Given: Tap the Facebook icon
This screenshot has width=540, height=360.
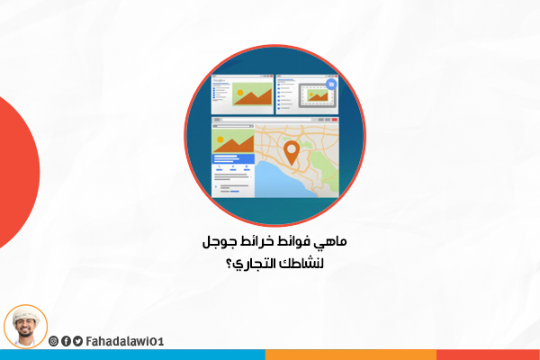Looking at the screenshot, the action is (x=66, y=341).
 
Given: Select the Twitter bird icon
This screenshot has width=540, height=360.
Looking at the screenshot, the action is (x=77, y=341).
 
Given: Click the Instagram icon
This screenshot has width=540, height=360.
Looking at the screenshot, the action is (x=53, y=341).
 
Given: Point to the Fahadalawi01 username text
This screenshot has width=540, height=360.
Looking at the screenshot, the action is (x=125, y=341).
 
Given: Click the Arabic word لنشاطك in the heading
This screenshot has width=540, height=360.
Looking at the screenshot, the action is (x=301, y=263).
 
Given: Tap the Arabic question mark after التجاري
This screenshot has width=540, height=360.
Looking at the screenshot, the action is (x=229, y=265).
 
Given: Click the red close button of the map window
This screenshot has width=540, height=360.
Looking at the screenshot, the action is (x=334, y=120).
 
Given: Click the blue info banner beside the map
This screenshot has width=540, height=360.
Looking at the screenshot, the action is (x=233, y=158).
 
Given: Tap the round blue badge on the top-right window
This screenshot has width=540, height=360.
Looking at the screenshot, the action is (x=331, y=85).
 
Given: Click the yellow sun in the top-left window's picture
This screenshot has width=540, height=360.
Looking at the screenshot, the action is (x=240, y=93).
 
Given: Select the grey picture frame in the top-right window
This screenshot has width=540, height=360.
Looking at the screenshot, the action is (x=318, y=95).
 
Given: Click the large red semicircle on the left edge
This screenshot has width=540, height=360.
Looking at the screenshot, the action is (x=17, y=172).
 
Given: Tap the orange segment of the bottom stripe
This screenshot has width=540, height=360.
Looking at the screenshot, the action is (x=351, y=355).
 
